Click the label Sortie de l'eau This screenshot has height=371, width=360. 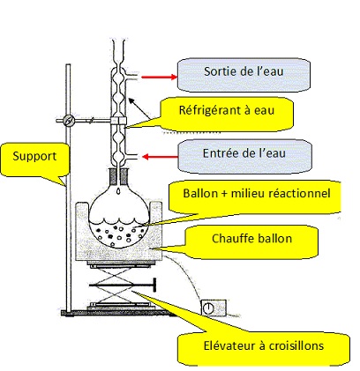click(244, 72)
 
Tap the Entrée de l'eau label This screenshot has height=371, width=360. click(244, 154)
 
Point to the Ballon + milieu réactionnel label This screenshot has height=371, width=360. click(257, 194)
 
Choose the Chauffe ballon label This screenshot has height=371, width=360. click(251, 239)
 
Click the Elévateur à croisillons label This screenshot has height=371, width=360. click(264, 346)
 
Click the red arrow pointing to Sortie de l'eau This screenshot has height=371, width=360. click(159, 78)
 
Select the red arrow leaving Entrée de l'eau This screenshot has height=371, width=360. click(161, 157)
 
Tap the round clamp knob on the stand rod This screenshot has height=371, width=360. click(69, 121)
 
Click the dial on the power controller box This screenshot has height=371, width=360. click(208, 308)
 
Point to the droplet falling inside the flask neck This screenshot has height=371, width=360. click(118, 190)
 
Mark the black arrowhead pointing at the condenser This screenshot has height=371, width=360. click(131, 100)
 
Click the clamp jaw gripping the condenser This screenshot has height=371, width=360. click(118, 121)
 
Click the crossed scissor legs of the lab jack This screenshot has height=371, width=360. click(115, 285)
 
